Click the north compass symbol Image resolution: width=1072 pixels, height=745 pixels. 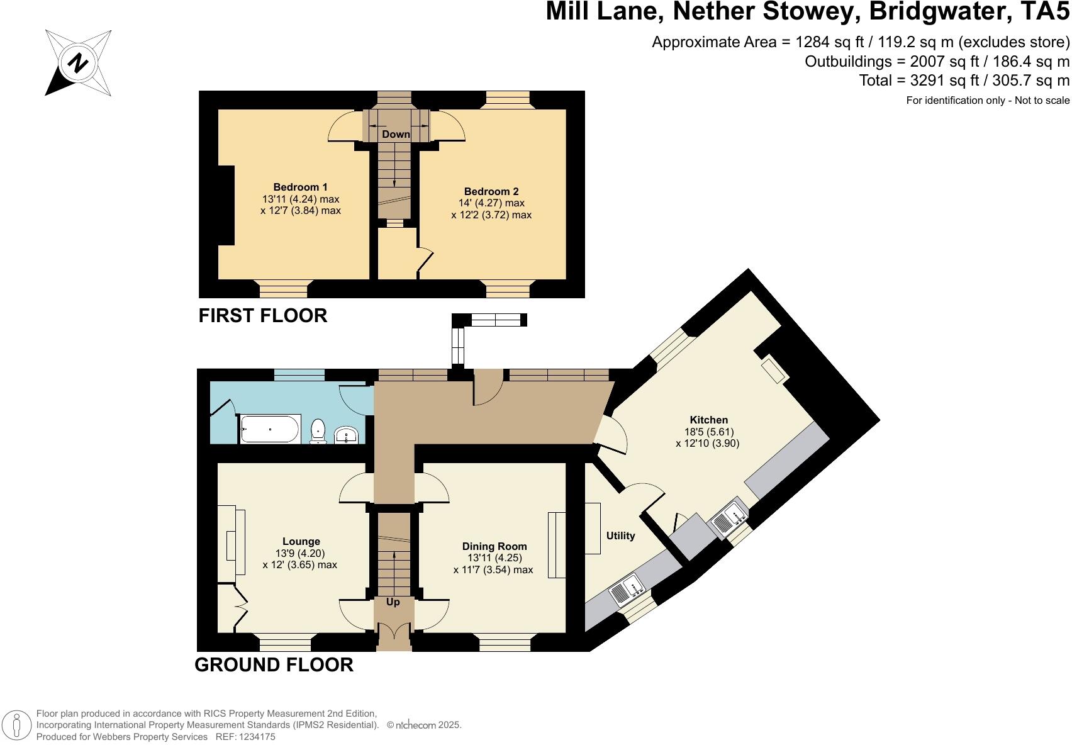79,63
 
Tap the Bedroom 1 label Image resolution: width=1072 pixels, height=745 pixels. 300,187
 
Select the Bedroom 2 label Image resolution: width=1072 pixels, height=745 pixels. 491,191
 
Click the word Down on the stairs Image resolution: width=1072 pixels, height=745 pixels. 396,134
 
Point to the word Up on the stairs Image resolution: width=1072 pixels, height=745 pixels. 393,602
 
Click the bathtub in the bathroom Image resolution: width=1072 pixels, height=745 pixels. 270,429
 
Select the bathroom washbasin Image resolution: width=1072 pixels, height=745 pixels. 347,434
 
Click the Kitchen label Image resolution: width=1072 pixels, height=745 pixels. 708,420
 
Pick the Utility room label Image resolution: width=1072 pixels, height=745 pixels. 620,535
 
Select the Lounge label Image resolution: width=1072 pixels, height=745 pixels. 301,541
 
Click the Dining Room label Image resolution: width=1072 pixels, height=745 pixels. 494,546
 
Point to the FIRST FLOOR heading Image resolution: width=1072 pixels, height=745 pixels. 263,315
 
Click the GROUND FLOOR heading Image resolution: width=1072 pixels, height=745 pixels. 274,664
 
